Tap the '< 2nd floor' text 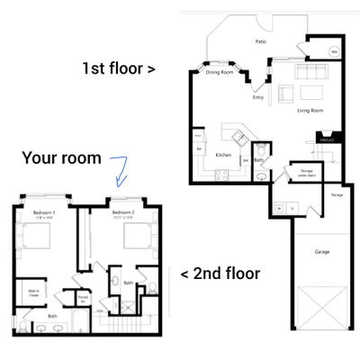pos(220,273)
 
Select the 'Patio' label pos(260,41)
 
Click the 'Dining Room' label pos(219,72)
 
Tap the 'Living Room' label pos(310,111)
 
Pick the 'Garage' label pos(320,253)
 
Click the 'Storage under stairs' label pos(300,172)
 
